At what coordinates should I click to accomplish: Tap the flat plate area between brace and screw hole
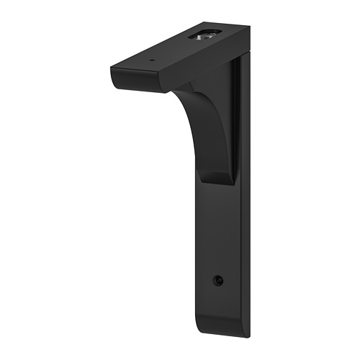tap(220, 230)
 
